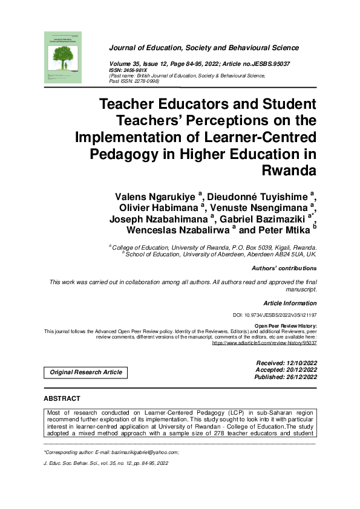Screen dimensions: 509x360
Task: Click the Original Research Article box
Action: [86, 372]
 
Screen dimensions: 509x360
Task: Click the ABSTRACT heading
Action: [62, 399]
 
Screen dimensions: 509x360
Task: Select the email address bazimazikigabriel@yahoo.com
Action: [145, 452]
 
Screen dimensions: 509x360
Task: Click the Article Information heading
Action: [290, 302]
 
